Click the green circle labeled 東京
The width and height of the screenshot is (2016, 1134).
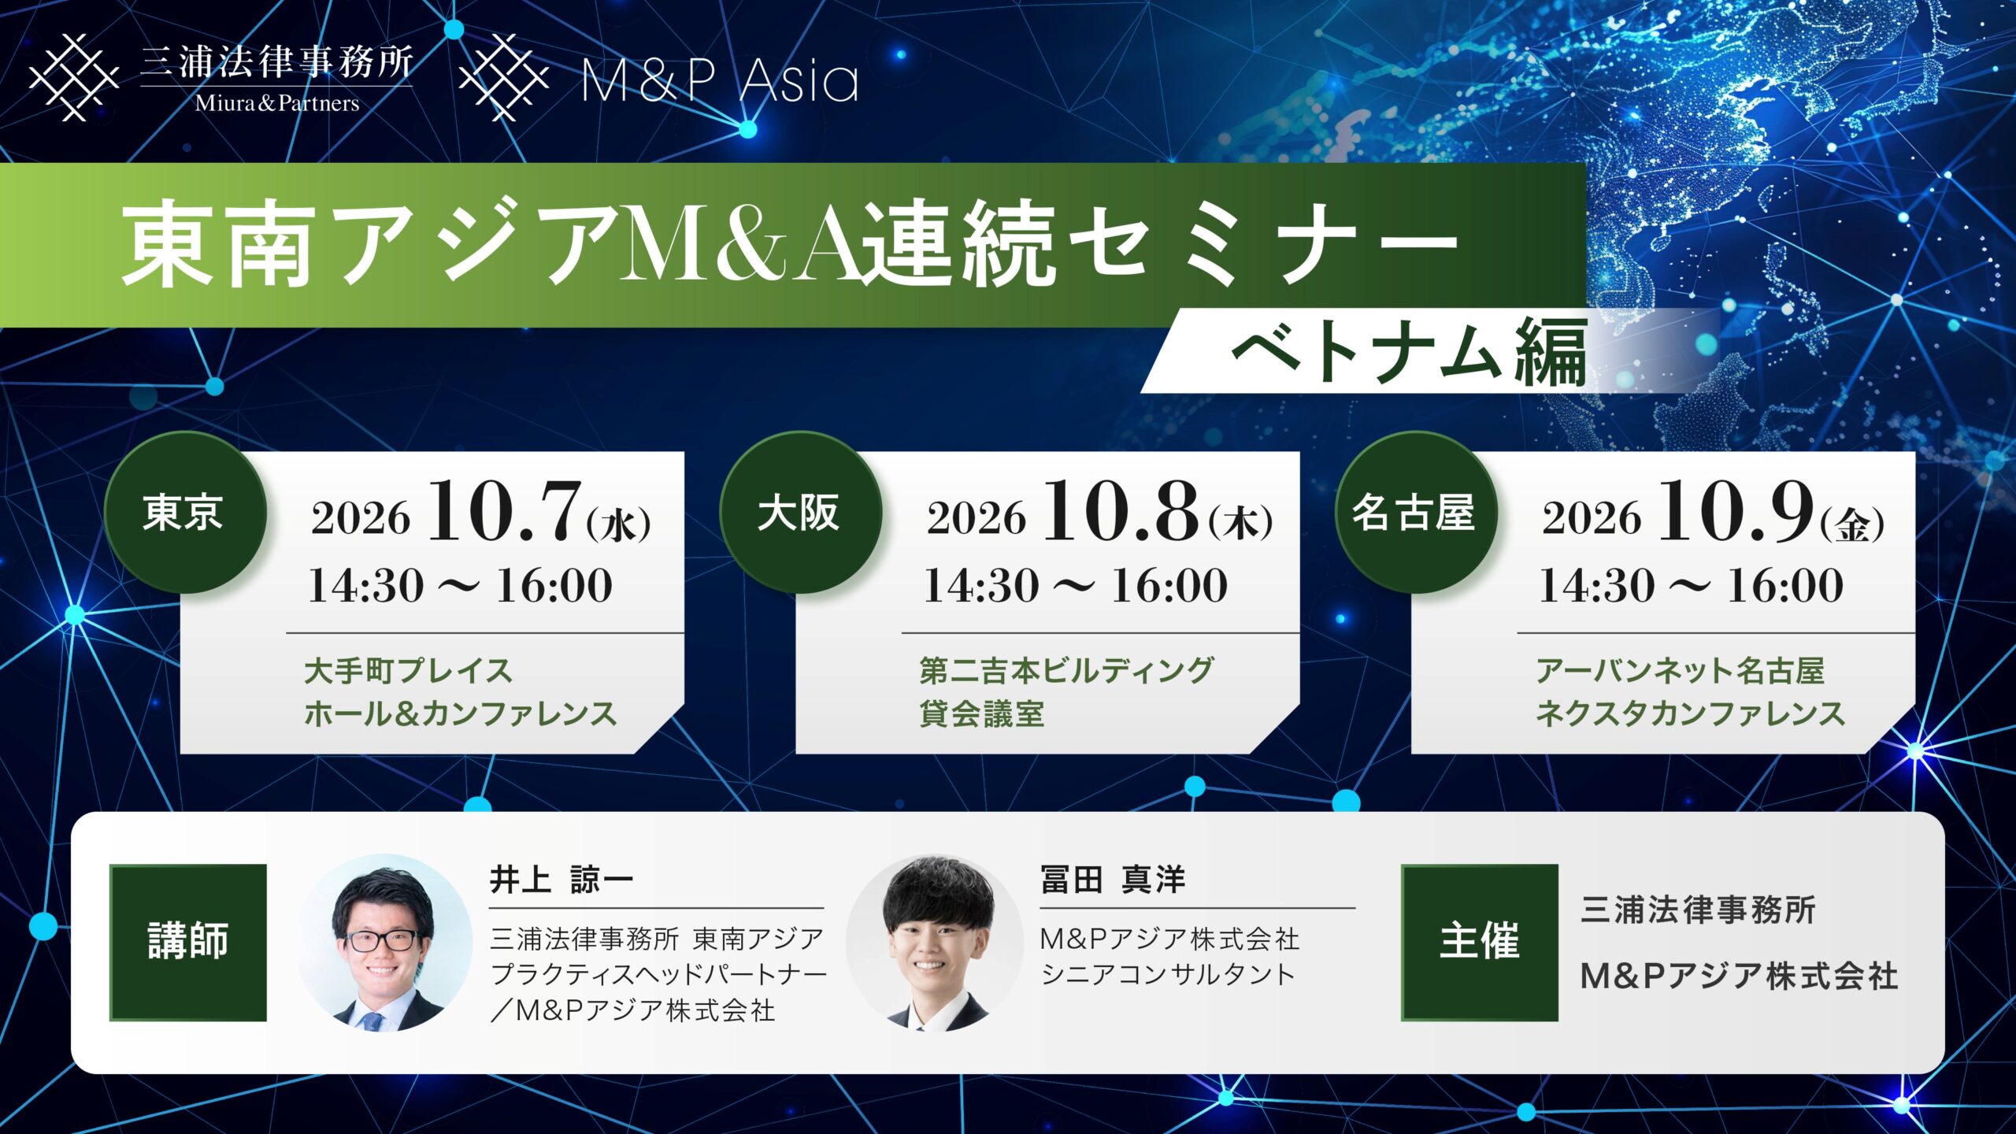(185, 513)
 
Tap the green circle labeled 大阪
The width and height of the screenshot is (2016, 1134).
(801, 513)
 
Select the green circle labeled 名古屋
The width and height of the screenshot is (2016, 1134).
(1415, 513)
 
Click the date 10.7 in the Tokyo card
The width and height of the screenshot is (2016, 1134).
(504, 512)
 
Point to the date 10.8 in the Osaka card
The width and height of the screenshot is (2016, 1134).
(1120, 512)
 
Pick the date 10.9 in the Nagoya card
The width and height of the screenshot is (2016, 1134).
(1736, 512)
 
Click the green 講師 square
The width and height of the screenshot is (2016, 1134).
(188, 943)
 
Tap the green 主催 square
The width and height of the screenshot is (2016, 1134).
(1480, 943)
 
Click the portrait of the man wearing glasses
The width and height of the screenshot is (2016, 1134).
(384, 943)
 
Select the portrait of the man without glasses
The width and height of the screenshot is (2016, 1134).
(934, 943)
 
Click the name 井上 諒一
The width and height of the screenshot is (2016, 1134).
(561, 880)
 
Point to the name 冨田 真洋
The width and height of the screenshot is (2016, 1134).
(1113, 880)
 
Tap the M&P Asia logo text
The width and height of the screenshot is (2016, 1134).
(720, 81)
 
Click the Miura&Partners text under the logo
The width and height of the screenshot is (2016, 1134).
(277, 103)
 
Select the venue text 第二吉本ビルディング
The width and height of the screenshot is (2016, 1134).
(1066, 671)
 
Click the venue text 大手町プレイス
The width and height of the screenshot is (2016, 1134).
(409, 671)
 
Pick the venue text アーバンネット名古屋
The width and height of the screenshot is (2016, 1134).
(1680, 671)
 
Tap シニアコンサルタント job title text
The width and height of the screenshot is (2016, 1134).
(1168, 975)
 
